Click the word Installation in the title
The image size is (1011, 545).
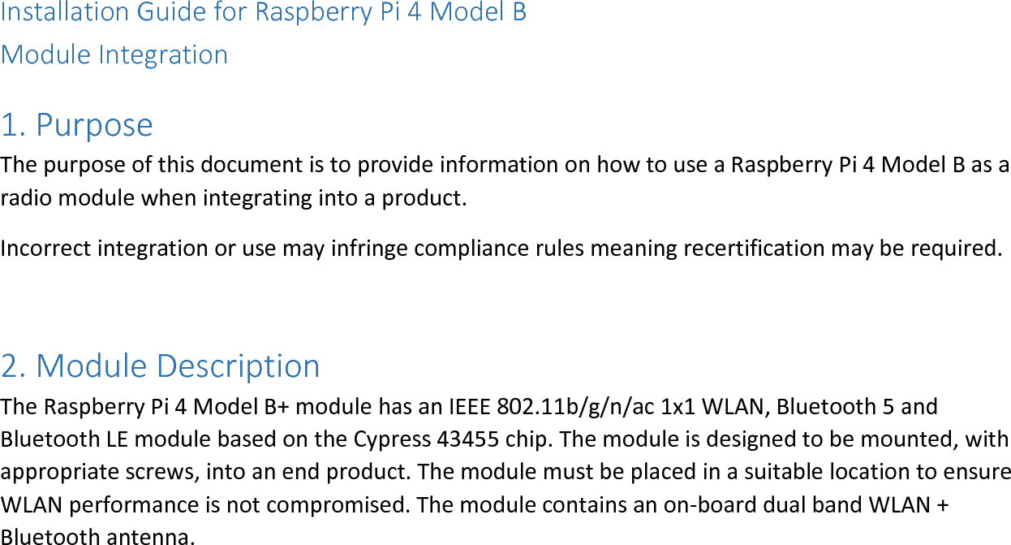tap(65, 13)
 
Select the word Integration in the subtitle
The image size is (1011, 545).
tap(163, 54)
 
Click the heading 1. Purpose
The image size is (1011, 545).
tap(76, 125)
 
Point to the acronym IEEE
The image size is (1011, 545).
tap(465, 405)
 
